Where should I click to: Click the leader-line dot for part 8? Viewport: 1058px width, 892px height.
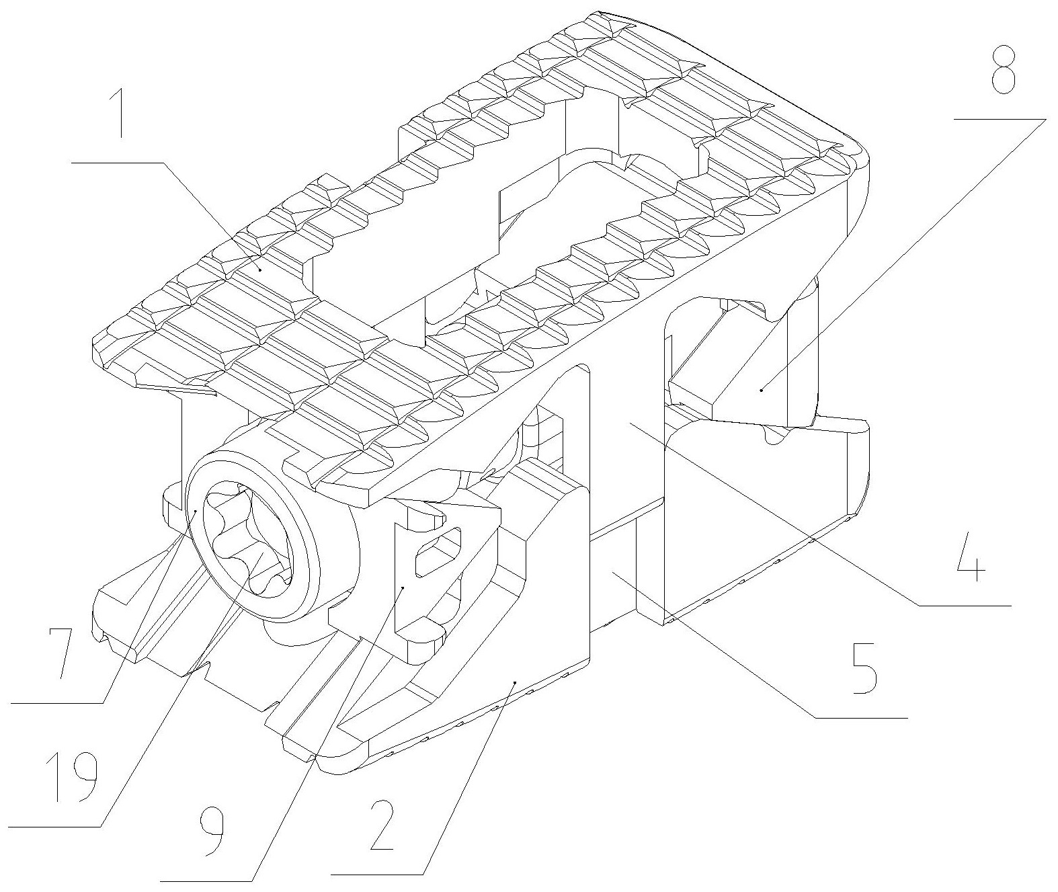click(761, 389)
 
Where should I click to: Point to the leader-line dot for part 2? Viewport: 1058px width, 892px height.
click(515, 682)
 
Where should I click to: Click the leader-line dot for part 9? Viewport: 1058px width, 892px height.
click(402, 587)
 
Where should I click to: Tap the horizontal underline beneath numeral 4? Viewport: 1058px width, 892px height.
click(965, 606)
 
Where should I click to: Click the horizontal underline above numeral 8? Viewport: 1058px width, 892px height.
click(1000, 119)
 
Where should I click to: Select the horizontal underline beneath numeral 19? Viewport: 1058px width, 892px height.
click(50, 827)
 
